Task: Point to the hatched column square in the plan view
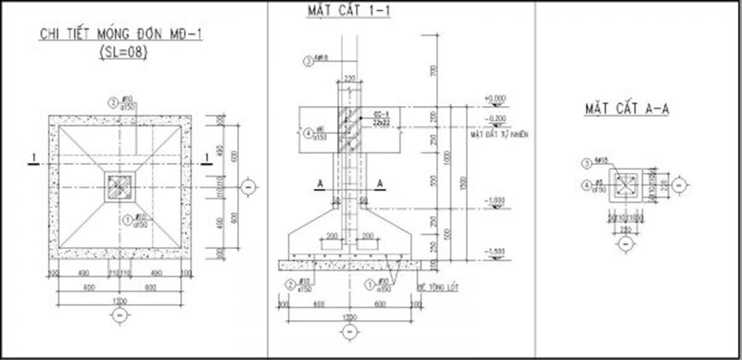(x=120, y=187)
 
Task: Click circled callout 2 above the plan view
(x=113, y=102)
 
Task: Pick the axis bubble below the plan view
(x=120, y=316)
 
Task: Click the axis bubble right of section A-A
(x=679, y=185)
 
